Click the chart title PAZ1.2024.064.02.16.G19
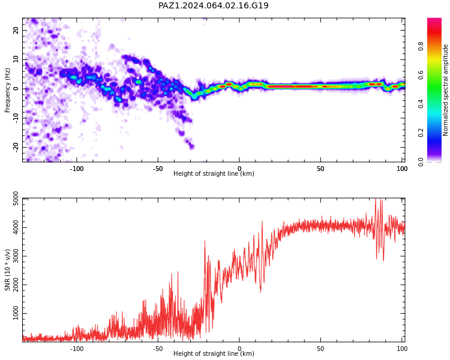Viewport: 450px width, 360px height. pos(214,5)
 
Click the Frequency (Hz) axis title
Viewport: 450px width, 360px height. pos(7,90)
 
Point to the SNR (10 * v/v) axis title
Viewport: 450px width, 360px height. pos(7,270)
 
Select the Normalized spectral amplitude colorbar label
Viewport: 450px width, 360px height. pos(445,90)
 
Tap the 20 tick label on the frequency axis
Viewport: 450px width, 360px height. pos(16,30)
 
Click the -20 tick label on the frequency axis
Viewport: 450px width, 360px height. pos(16,147)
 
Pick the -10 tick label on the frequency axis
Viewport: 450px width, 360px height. pos(16,118)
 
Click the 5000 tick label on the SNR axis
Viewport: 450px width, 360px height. pos(16,199)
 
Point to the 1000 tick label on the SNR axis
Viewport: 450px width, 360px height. pos(16,313)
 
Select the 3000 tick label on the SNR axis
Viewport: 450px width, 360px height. pos(16,256)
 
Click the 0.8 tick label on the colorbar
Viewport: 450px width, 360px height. pos(421,46)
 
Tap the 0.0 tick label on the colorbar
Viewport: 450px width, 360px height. pos(421,162)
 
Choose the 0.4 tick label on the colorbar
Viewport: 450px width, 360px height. pos(421,104)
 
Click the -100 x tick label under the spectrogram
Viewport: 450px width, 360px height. pos(76,169)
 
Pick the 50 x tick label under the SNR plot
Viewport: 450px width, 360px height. pos(320,349)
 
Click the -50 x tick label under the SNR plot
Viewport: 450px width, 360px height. pos(158,349)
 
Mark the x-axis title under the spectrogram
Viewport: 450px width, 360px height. pos(214,173)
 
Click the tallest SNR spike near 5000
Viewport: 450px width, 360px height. pos(376,199)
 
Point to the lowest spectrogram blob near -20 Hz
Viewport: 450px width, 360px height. pos(191,146)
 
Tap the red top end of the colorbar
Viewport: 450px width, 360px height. pos(434,20)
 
